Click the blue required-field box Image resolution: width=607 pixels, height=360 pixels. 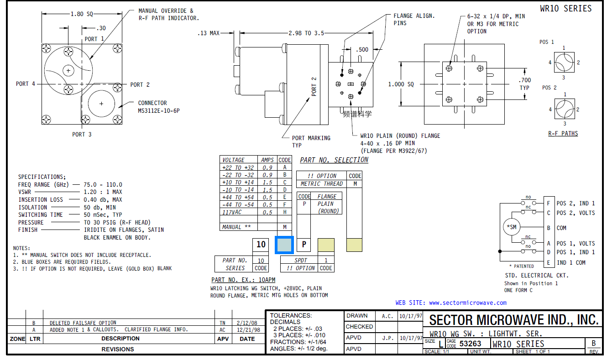tap(284, 245)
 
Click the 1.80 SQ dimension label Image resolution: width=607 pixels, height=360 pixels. tap(81, 14)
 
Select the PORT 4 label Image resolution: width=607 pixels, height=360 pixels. tap(25, 84)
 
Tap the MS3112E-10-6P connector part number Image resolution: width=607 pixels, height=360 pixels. tap(158, 110)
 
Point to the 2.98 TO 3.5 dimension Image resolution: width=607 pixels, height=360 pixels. tap(306, 33)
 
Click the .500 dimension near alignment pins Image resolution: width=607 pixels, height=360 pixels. tap(362, 49)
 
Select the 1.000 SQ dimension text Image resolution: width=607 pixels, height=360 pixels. tap(401, 84)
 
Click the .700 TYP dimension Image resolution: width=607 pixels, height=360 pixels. tap(524, 84)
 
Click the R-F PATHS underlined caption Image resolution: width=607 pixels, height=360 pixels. tap(563, 134)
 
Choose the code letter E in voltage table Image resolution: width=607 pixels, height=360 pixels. tap(284, 197)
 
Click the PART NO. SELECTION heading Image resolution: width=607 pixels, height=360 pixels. tap(334, 160)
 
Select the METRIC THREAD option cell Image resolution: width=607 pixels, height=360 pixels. tap(321, 183)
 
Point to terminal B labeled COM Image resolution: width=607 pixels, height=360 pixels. tap(548, 228)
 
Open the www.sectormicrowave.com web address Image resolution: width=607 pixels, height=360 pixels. tap(467, 303)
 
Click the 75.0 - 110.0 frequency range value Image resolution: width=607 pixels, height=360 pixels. tap(103, 184)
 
